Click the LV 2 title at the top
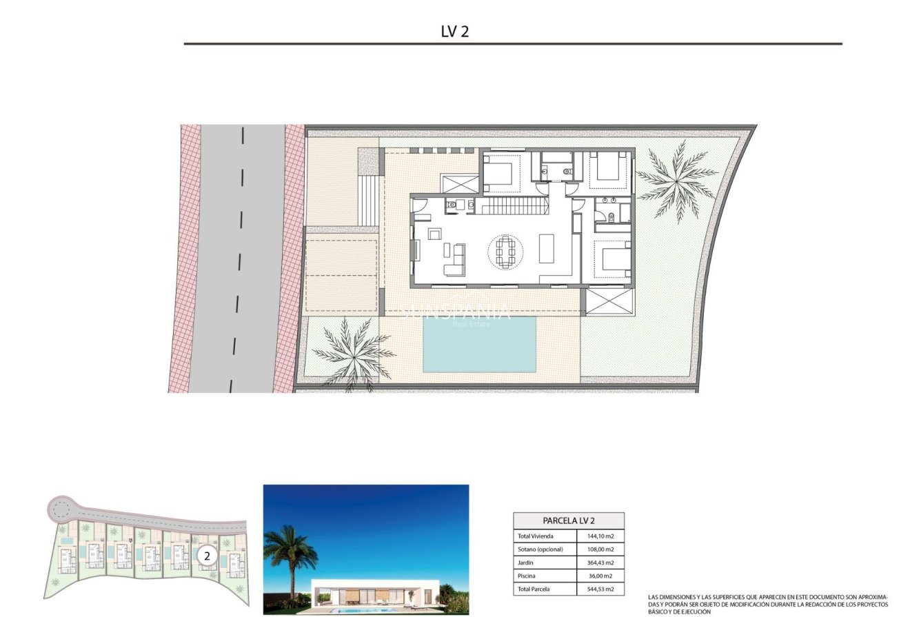click(x=455, y=32)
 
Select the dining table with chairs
click(x=506, y=252)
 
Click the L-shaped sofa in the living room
click(x=455, y=260)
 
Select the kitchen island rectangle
click(x=547, y=249)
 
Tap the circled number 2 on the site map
click(x=207, y=554)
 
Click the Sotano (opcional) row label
click(x=540, y=549)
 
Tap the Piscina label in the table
click(x=527, y=576)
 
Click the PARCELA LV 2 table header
click(x=569, y=521)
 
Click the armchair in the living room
click(x=434, y=234)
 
